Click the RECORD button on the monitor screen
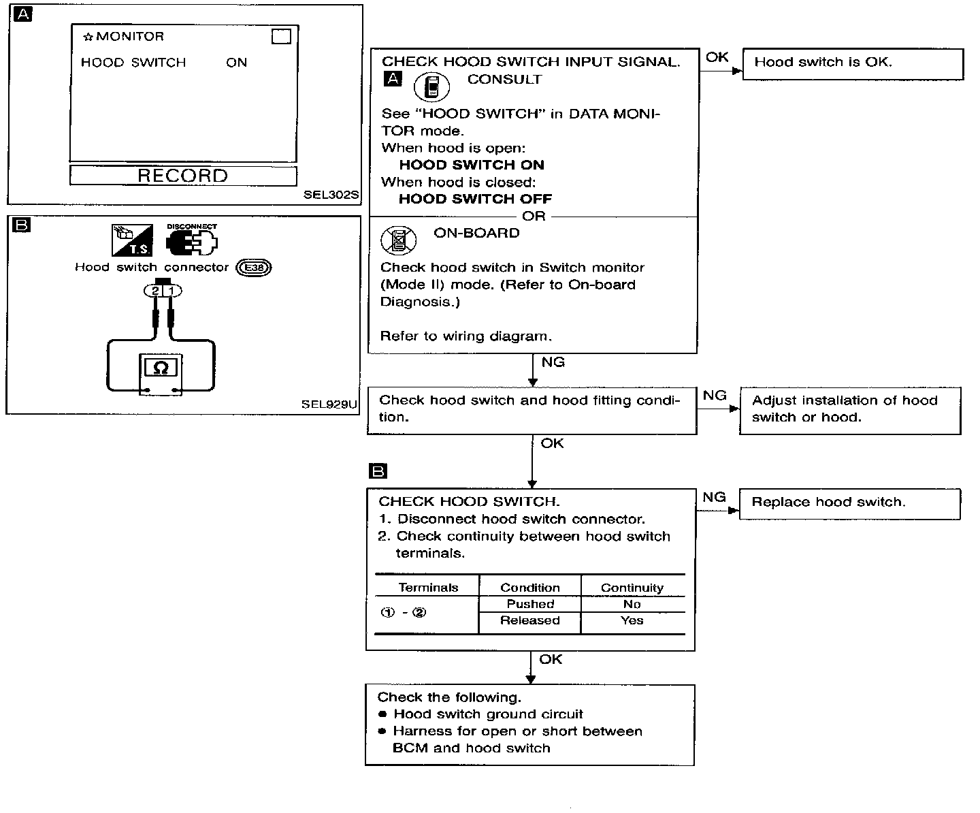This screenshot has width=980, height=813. pos(183,176)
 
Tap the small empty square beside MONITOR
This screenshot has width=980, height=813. pos(281,36)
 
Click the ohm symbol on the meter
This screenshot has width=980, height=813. pos(161,367)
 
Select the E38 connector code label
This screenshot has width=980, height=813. pos(253,268)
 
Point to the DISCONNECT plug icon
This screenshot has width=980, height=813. pos(191,240)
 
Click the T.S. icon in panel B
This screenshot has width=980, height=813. pos(132,240)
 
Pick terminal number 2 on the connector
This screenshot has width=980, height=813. pos(154,291)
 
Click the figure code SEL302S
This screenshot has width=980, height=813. pos(331,195)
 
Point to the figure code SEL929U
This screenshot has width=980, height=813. pos(329,404)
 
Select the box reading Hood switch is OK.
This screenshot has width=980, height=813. pos(853,64)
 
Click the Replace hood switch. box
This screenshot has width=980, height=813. pos(850,504)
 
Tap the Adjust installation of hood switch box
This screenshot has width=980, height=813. pos(851,411)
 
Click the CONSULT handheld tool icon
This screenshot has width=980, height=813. pos(431,87)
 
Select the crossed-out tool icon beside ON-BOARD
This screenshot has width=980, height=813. pos(399,240)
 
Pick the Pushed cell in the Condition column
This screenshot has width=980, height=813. pos(530,604)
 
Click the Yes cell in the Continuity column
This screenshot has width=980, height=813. pos(632,620)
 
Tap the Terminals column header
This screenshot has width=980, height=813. pos(428,588)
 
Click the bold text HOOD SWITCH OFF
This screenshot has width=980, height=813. pos(476,199)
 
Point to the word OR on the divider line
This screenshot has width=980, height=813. pos(534,216)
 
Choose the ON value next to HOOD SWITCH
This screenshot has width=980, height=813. pos(237,63)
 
